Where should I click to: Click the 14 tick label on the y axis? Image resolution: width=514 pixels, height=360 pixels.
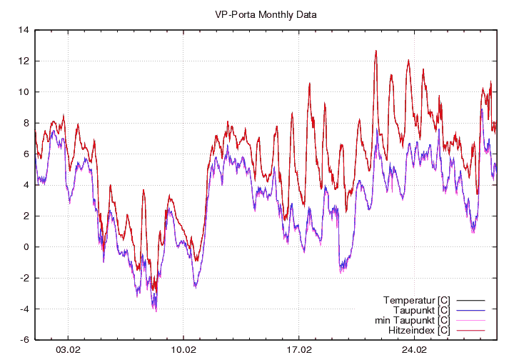point(24,30)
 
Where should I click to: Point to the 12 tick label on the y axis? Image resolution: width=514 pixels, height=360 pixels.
point(24,61)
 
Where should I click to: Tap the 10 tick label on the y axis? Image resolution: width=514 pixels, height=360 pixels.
point(24,92)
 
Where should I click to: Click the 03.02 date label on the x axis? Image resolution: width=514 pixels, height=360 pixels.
point(68,351)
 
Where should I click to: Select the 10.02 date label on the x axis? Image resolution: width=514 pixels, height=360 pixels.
point(183,351)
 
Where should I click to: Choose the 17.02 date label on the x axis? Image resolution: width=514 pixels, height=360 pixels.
point(298,351)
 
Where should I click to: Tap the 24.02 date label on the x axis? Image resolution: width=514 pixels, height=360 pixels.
point(414,351)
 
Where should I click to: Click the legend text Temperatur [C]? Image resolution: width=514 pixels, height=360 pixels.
point(416,299)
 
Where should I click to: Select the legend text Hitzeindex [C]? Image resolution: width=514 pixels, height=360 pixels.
point(418,330)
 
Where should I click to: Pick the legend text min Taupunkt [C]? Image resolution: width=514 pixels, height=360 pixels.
point(411,320)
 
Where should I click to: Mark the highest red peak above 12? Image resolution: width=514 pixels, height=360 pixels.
point(376,51)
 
